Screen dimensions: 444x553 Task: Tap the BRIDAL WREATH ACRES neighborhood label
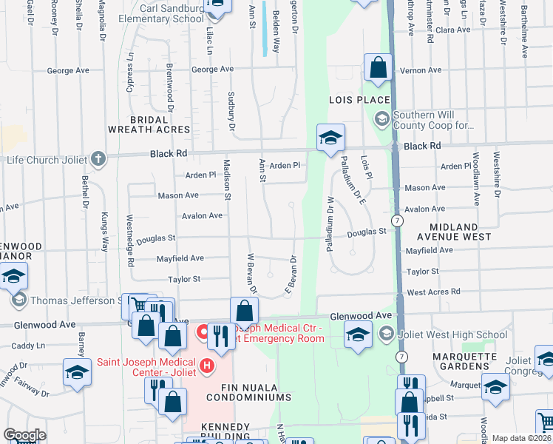(x=149, y=124)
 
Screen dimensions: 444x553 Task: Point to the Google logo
(x=24, y=435)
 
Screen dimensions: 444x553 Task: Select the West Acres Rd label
(x=433, y=292)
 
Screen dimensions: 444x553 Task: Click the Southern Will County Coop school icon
(x=381, y=118)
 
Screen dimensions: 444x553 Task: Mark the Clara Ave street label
(x=452, y=30)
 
